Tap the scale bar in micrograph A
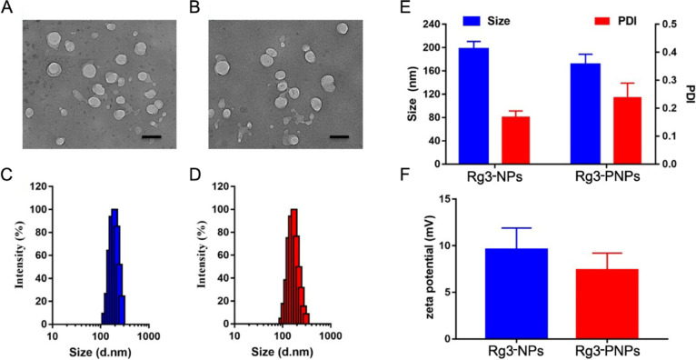pyautogui.click(x=152, y=137)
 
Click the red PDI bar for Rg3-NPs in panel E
pyautogui.click(x=515, y=140)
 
